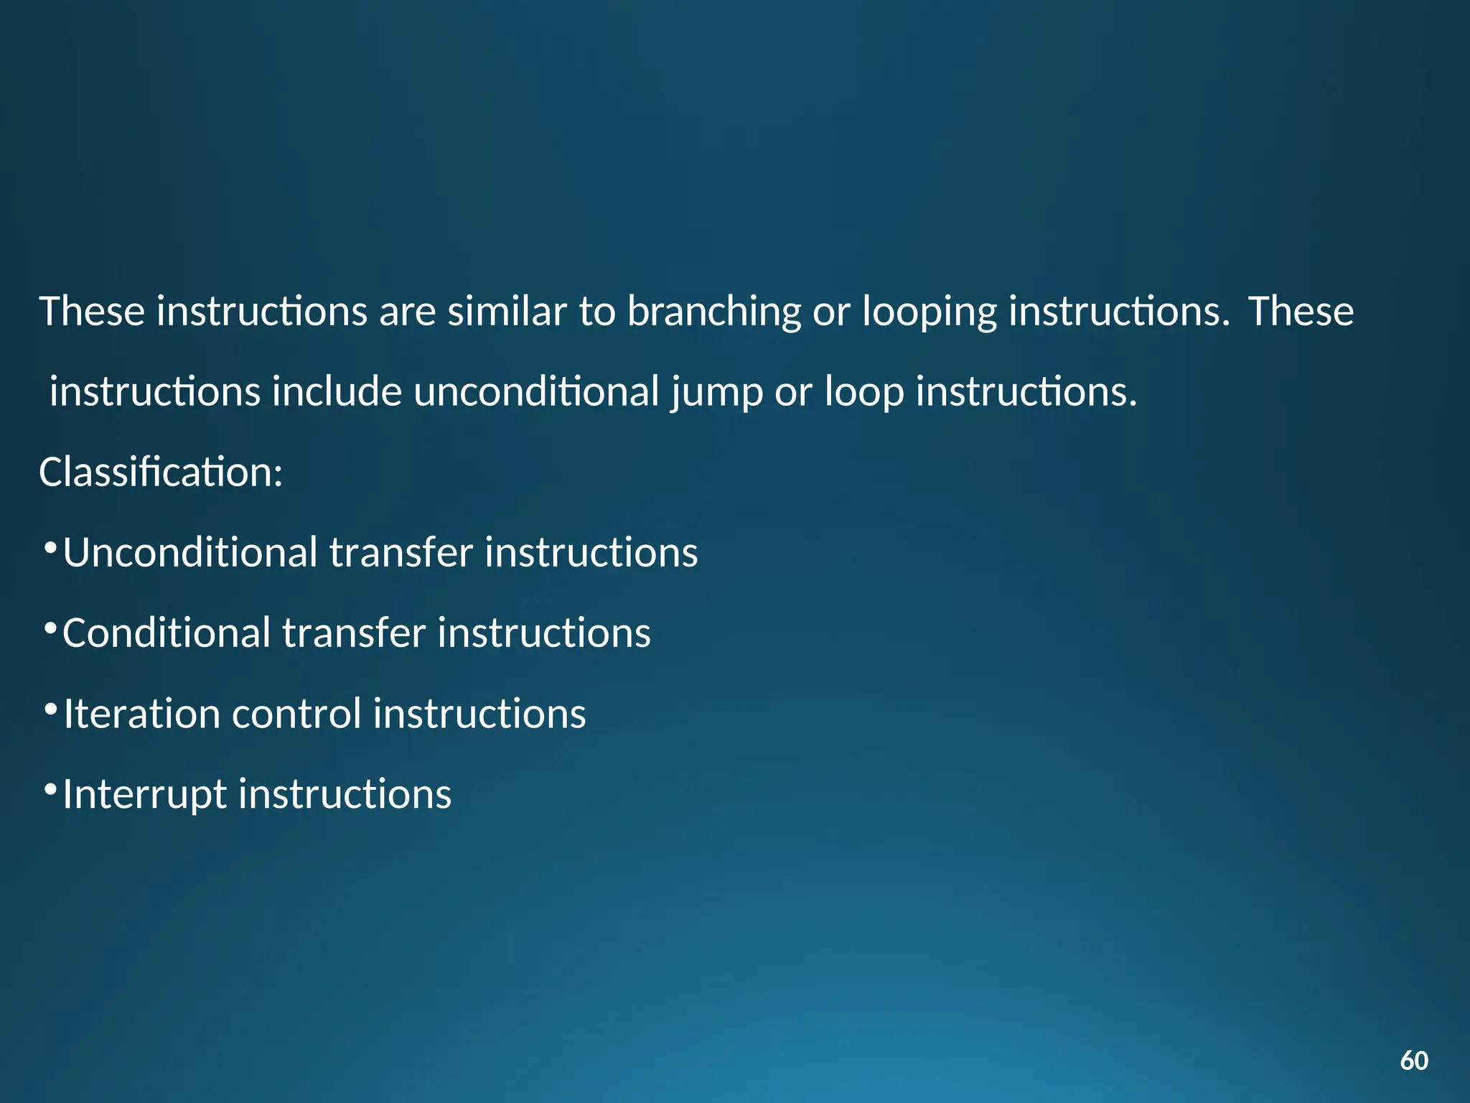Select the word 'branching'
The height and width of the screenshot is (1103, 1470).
(x=713, y=313)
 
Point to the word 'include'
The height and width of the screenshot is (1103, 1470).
(x=336, y=392)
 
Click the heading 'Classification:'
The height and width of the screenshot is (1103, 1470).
(x=161, y=473)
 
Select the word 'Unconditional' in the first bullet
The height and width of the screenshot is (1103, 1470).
(x=190, y=553)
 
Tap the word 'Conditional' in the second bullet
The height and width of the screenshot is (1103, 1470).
(x=167, y=633)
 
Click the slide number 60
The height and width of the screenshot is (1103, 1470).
(x=1414, y=1061)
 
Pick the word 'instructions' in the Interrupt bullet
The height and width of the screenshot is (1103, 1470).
(x=345, y=794)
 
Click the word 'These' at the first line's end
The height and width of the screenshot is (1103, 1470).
(x=1301, y=312)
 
